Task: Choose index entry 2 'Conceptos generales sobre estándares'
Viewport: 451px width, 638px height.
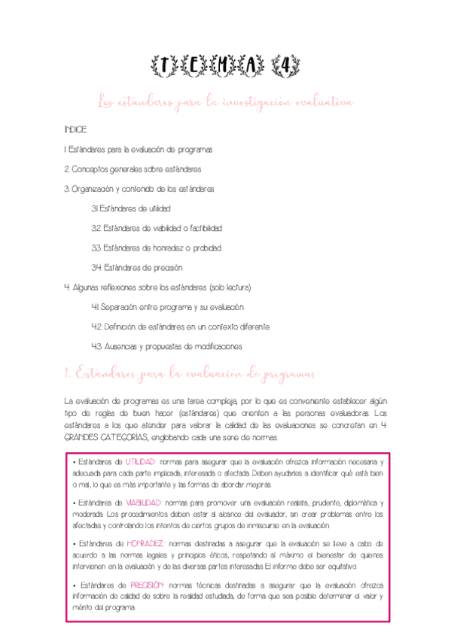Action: [133, 169]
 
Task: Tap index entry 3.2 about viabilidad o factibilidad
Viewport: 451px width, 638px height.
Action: [156, 228]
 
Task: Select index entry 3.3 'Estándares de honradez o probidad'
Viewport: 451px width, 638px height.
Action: [156, 248]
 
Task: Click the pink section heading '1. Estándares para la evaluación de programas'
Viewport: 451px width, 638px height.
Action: [192, 373]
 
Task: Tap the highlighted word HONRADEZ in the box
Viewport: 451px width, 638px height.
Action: [145, 543]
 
